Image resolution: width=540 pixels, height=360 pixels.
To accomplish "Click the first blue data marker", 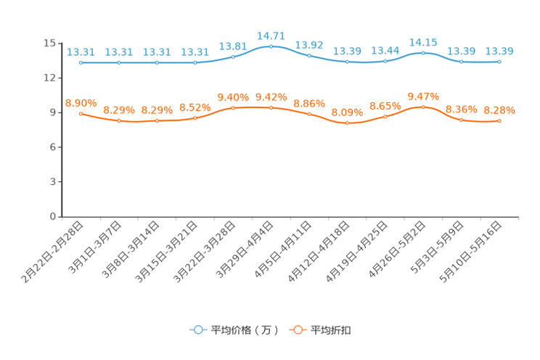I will pyautogui.click(x=81, y=62).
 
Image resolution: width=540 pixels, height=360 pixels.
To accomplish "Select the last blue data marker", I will pyautogui.click(x=499, y=62).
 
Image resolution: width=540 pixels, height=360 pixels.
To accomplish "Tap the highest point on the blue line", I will pyautogui.click(x=271, y=46).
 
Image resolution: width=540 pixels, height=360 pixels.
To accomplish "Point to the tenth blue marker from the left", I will pyautogui.click(x=423, y=52).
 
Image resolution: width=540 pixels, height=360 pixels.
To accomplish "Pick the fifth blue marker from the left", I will pyautogui.click(x=233, y=57).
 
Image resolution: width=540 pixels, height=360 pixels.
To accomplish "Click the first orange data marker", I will pyautogui.click(x=81, y=113).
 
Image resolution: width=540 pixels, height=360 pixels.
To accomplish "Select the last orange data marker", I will pyautogui.click(x=499, y=121).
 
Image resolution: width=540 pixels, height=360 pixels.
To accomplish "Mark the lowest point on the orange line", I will pyautogui.click(x=347, y=123).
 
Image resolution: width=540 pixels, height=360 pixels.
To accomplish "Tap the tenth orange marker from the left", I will pyautogui.click(x=423, y=107).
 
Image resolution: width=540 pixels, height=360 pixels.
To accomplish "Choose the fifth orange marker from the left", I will pyautogui.click(x=233, y=108).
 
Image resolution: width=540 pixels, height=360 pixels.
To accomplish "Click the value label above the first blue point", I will pyautogui.click(x=81, y=52).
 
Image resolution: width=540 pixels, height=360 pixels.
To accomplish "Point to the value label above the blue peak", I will pyautogui.click(x=271, y=35).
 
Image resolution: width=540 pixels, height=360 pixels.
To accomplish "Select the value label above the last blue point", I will pyautogui.click(x=499, y=51).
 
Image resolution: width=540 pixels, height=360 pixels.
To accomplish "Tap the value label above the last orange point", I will pyautogui.click(x=499, y=110).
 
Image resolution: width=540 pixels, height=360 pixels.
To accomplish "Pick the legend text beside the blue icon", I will pyautogui.click(x=244, y=330).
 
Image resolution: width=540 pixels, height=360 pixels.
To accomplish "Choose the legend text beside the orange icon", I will pyautogui.click(x=332, y=330).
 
